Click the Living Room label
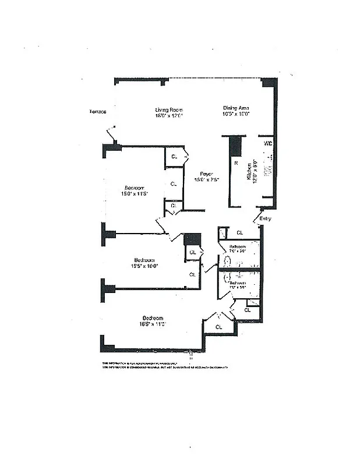[169, 110]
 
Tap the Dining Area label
[237, 108]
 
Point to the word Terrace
[97, 112]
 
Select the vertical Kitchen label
[248, 173]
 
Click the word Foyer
[206, 174]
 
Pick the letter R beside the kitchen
[236, 164]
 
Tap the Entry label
[266, 218]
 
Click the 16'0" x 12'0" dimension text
[169, 115]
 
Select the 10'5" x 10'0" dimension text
[237, 114]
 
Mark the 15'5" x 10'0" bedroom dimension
[144, 266]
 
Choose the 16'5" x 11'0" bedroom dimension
[152, 324]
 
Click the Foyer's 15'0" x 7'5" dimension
[206, 179]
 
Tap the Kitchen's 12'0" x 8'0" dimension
[255, 173]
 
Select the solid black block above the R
[235, 146]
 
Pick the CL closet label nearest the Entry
[239, 233]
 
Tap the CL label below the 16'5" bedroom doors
[219, 327]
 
